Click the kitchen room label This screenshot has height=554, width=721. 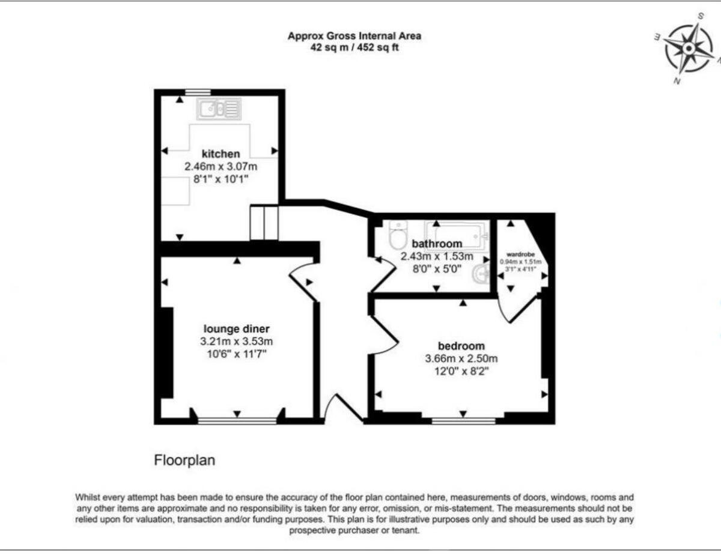click(221, 154)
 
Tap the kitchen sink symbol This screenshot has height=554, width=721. click(220, 109)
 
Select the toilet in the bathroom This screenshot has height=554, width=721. click(398, 235)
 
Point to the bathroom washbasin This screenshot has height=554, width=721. click(481, 275)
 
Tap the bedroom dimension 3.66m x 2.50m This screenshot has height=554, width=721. click(461, 359)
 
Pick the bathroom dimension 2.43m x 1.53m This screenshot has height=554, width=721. click(431, 256)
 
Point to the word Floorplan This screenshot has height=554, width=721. click(184, 461)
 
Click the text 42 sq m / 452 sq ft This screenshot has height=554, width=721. click(354, 47)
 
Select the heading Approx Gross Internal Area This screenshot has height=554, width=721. click(354, 36)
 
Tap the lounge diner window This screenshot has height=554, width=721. click(237, 421)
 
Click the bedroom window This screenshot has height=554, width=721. click(463, 421)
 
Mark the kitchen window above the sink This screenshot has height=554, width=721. click(198, 92)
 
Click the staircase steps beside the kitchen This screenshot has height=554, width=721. click(264, 223)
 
